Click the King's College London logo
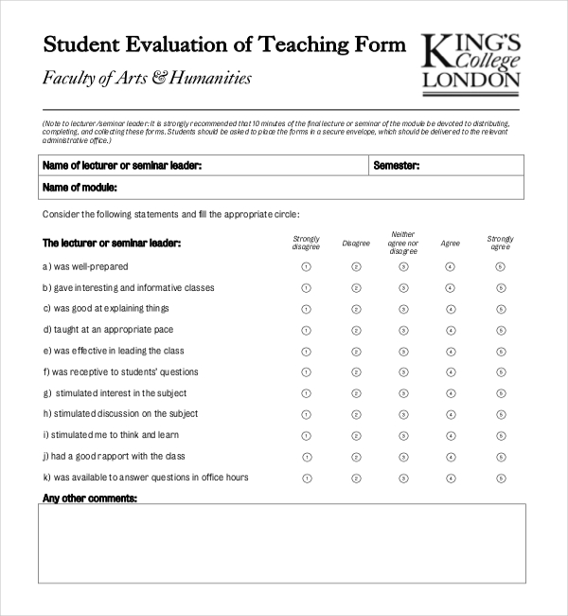[x=470, y=63]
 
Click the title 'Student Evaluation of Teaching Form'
[x=224, y=45]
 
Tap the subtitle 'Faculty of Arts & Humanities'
[x=147, y=78]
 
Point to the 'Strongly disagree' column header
[x=306, y=243]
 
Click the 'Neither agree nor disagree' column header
[x=403, y=243]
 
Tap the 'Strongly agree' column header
[x=501, y=243]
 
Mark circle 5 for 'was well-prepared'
[x=501, y=267]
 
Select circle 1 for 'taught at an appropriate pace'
[x=306, y=330]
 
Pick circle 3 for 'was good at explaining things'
[x=403, y=309]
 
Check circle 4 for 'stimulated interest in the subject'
[x=450, y=393]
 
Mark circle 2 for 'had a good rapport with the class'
[x=356, y=457]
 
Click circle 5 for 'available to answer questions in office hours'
[x=501, y=478]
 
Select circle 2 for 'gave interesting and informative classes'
[x=356, y=288]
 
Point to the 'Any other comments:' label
[x=90, y=498]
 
